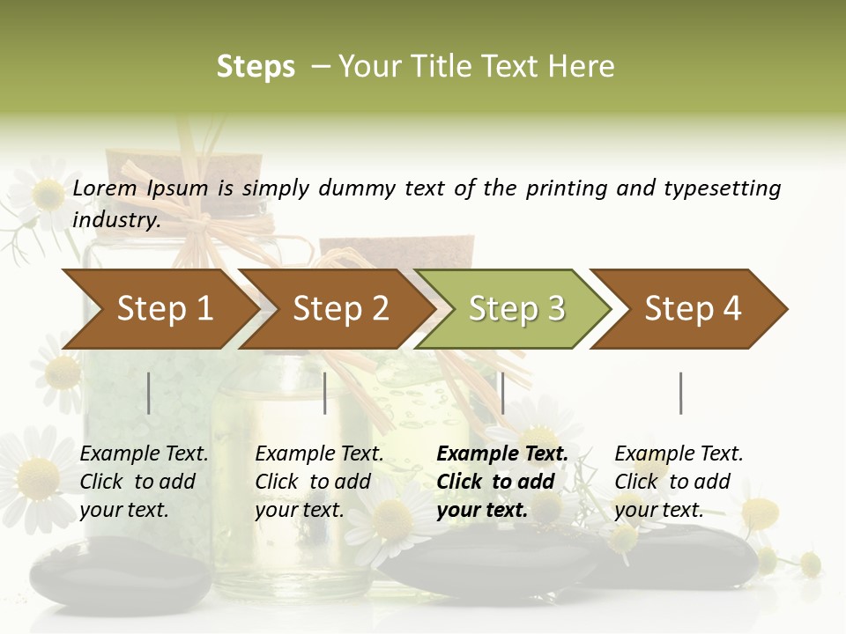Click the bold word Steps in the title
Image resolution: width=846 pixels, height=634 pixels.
click(256, 67)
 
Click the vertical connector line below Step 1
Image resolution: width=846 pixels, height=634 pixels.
click(149, 393)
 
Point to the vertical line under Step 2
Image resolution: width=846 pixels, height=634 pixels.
click(325, 393)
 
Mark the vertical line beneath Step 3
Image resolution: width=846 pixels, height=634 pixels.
click(502, 393)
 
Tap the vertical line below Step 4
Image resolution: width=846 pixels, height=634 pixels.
click(680, 393)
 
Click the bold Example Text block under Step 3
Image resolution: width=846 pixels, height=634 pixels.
click(502, 482)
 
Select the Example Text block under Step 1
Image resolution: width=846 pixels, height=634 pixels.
click(144, 482)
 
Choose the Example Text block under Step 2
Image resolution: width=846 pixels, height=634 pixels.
click(319, 482)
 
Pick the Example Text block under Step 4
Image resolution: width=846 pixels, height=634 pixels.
click(679, 482)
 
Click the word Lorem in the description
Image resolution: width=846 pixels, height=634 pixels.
click(105, 188)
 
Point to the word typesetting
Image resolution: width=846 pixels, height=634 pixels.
click(722, 188)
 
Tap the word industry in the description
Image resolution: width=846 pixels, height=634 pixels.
click(115, 219)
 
